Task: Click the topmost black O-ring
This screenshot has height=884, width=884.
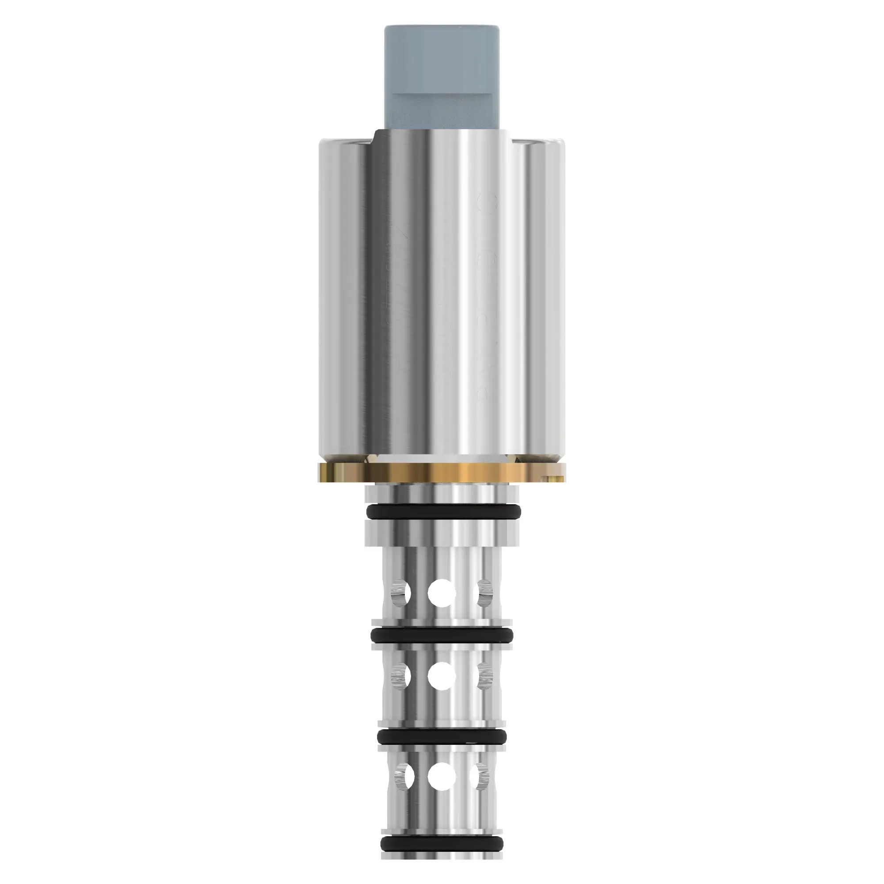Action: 442,511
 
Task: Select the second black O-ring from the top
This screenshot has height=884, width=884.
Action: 442,635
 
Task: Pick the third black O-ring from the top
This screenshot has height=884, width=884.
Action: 442,736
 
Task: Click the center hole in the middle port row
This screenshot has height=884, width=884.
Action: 442,689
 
